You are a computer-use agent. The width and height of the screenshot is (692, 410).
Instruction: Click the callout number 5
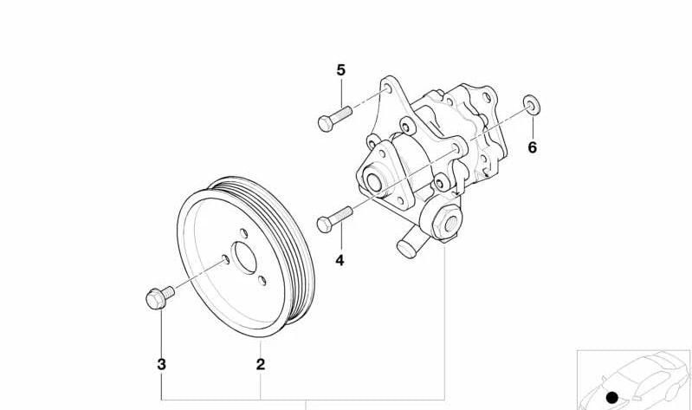click(340, 69)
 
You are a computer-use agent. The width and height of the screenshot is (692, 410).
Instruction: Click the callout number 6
click(532, 147)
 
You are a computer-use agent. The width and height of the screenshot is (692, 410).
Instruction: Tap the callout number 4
click(340, 259)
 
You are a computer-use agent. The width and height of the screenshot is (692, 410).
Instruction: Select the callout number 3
click(161, 364)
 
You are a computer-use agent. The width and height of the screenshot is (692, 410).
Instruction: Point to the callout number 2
click(260, 364)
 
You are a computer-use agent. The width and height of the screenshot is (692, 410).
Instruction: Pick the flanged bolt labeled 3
click(157, 296)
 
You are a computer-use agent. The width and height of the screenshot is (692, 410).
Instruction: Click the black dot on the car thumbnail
click(612, 397)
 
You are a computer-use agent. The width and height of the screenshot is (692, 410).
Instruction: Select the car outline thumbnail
click(637, 377)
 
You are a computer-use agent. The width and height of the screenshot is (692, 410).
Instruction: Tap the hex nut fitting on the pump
click(449, 223)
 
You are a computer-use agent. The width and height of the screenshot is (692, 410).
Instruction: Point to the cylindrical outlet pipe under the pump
click(411, 244)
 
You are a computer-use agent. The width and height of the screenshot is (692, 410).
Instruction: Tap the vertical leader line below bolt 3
click(161, 334)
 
